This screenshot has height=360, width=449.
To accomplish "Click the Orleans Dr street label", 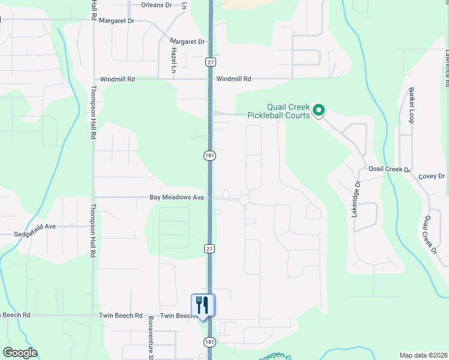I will point(156,5).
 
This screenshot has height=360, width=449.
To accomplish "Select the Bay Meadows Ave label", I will point(177,197).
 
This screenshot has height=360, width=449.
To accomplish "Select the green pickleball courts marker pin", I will point(319,110).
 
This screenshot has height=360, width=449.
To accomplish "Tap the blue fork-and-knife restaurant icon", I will point(202,305).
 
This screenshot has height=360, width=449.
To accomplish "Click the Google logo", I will point(20,353).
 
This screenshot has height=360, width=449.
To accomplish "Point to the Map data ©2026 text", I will point(423,355).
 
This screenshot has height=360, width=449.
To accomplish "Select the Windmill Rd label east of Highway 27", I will point(234,79).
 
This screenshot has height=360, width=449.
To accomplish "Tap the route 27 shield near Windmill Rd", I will point(209,62).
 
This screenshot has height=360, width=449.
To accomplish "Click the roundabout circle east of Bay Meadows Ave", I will point(244,200).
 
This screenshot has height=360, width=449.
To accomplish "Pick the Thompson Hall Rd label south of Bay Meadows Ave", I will point(93,231).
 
